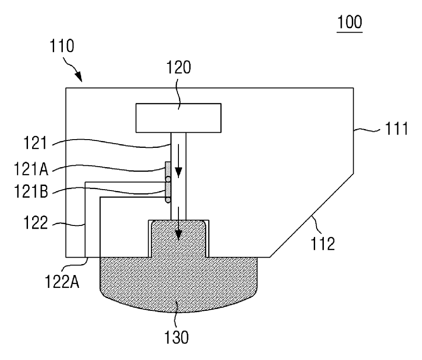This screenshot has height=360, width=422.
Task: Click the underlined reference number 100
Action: pos(350,22)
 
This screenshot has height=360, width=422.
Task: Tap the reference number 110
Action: pos(61,46)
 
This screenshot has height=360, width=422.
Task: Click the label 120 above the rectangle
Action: pos(179,67)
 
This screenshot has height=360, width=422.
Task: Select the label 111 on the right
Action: pos(396,129)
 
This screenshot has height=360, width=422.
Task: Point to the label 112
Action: pos(322,243)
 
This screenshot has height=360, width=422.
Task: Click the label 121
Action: pos(35,143)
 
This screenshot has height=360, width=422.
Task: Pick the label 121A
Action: pos(31,169)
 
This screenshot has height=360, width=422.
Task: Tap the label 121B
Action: pos(31,191)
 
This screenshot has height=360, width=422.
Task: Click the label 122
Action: pos(36,223)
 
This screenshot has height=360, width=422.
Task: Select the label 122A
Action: pos(62,281)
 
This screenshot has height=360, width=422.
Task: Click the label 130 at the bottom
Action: pos(177,337)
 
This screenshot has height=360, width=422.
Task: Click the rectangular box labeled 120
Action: pos(178,118)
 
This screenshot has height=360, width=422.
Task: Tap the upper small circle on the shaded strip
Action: pos(168,179)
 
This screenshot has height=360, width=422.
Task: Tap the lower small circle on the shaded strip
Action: pos(168,200)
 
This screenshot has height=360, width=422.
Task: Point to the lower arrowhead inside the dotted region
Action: pos(178,235)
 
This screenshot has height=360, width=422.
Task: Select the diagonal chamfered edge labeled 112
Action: pos(311,215)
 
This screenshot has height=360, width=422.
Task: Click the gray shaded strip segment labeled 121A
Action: pos(168,169)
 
